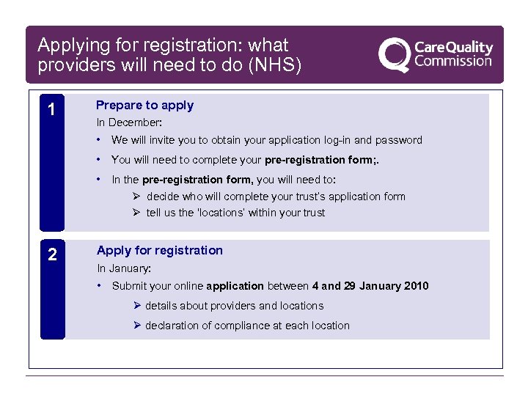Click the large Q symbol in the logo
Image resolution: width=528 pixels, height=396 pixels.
click(x=395, y=55)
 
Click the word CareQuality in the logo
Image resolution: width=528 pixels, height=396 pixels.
click(x=453, y=47)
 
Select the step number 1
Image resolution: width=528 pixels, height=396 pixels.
click(x=51, y=110)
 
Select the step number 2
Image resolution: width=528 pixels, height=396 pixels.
click(x=51, y=255)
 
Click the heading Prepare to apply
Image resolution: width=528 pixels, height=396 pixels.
click(x=145, y=105)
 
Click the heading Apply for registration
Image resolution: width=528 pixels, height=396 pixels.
click(x=160, y=250)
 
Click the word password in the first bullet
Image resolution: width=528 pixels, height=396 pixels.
click(x=399, y=140)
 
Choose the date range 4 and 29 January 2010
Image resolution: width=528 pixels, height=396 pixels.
click(x=370, y=286)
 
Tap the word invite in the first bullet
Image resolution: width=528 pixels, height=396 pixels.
click(x=155, y=140)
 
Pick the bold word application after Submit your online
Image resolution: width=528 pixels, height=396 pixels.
click(x=235, y=286)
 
